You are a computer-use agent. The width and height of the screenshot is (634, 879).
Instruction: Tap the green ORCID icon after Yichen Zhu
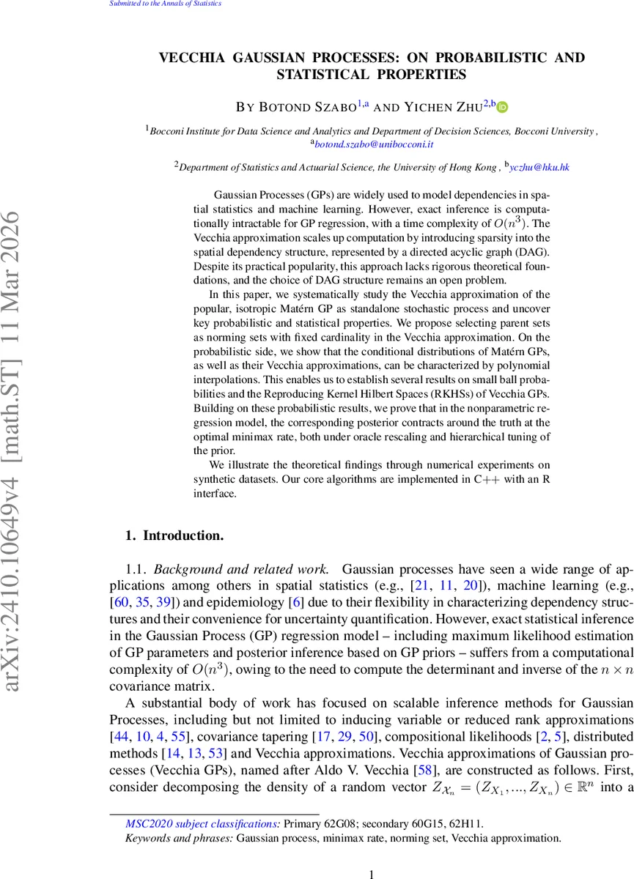(503, 108)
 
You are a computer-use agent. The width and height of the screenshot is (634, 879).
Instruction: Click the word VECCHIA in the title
(191, 58)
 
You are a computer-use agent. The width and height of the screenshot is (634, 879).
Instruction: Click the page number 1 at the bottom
(372, 874)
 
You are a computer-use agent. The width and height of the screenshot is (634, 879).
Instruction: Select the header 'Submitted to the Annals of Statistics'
(165, 4)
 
